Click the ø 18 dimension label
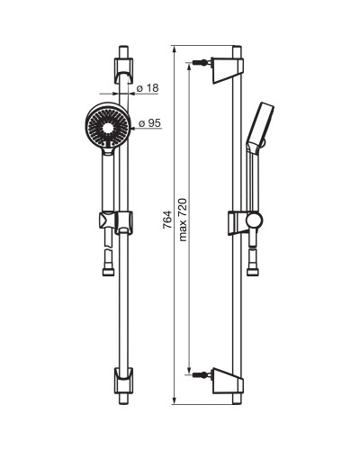pyautogui.click(x=148, y=88)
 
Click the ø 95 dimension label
pyautogui.click(x=150, y=123)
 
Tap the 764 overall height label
pyautogui.click(x=167, y=220)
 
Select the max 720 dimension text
pyautogui.click(x=183, y=220)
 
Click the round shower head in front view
pyautogui.click(x=107, y=125)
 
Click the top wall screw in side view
pyautogui.click(x=200, y=63)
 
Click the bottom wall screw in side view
pyautogui.click(x=200, y=374)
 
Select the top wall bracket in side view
pyautogui.click(x=228, y=70)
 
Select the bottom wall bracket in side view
pyautogui.click(x=228, y=381)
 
